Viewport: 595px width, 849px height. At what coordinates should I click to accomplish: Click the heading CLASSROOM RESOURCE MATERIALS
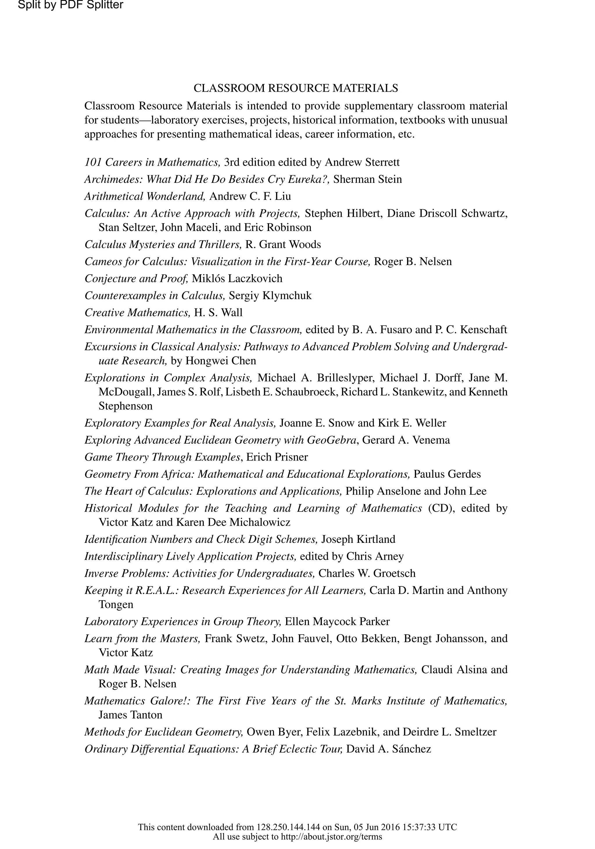click(295, 88)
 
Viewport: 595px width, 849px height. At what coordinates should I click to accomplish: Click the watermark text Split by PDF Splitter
click(70, 5)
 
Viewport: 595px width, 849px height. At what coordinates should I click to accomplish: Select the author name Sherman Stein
click(367, 179)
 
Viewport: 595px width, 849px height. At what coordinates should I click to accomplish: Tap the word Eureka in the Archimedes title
click(311, 179)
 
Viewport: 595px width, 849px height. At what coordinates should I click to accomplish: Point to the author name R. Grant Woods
click(283, 244)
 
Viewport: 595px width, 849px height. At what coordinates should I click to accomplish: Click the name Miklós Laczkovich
click(237, 279)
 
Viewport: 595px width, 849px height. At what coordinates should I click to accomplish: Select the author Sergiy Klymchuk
click(270, 295)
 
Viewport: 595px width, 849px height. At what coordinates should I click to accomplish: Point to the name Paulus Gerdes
click(447, 474)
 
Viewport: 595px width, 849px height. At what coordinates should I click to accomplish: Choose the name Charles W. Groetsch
click(367, 573)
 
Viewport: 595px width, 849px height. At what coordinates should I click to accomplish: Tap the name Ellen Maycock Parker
click(337, 621)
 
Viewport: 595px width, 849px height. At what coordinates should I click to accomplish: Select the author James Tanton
click(130, 715)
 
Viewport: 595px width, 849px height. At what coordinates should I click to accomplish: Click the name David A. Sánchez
click(389, 749)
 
